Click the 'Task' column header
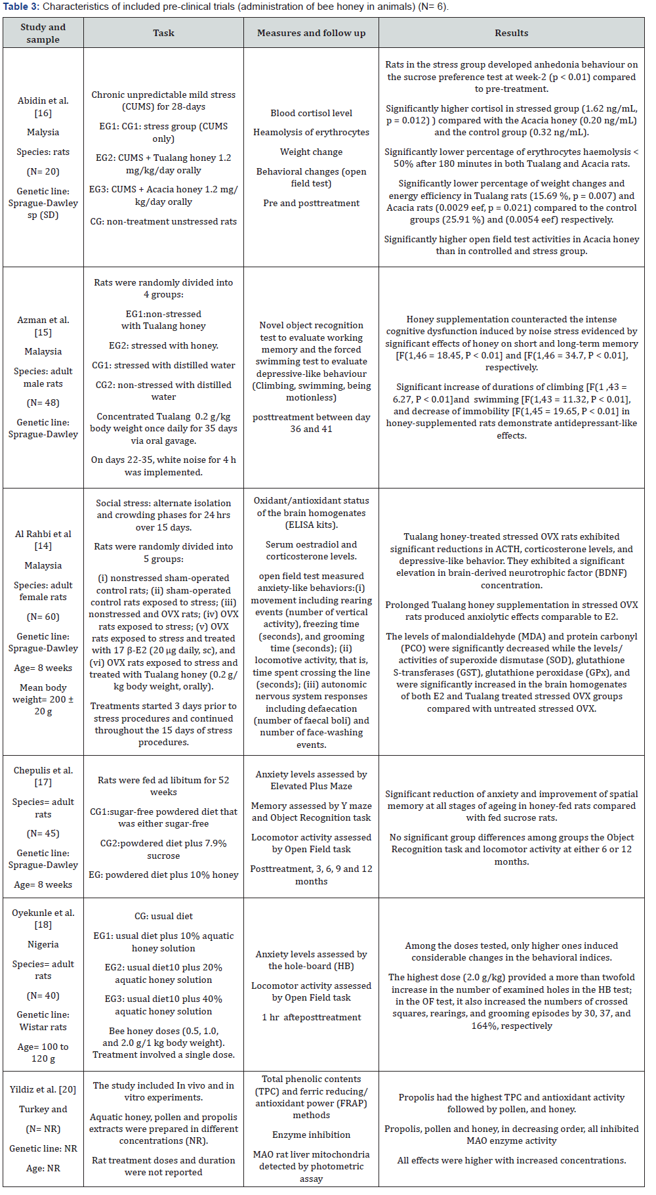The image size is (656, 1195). (x=163, y=33)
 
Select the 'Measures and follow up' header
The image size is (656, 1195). (x=311, y=33)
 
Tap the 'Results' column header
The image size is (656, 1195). (x=511, y=33)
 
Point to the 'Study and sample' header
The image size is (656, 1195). (x=43, y=33)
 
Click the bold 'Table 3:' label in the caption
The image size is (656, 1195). (x=22, y=7)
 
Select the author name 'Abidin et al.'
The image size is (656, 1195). (x=43, y=100)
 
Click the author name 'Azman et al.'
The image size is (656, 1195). (x=43, y=320)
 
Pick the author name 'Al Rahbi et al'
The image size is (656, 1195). (x=43, y=534)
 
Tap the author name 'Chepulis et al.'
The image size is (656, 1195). (x=43, y=770)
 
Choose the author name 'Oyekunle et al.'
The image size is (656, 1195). (x=43, y=913)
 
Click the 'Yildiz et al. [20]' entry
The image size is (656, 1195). (x=43, y=1089)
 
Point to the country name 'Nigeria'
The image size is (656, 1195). (x=43, y=944)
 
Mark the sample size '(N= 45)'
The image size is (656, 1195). (x=43, y=833)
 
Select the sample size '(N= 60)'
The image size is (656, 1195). (x=43, y=617)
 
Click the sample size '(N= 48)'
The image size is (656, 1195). (x=43, y=402)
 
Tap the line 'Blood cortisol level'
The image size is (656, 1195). (x=311, y=113)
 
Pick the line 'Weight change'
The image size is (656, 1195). (x=311, y=152)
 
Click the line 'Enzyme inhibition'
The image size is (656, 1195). (x=311, y=1135)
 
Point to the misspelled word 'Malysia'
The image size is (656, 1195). (x=43, y=132)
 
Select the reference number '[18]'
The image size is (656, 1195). (x=43, y=924)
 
